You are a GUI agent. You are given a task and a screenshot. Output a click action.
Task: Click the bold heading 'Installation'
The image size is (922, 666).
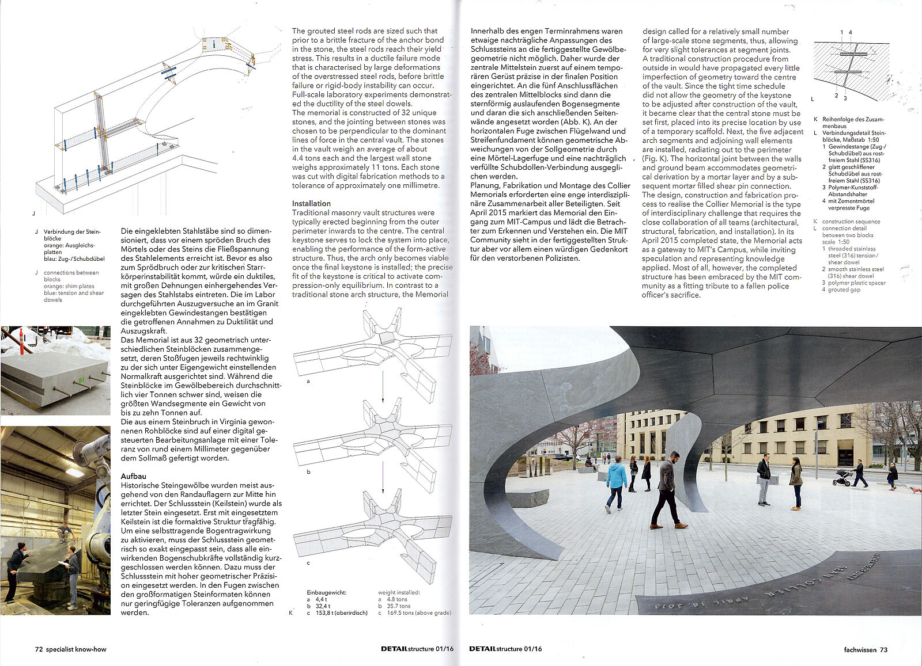pos(311,203)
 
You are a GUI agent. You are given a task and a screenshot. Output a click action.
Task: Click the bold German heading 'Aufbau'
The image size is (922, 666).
pos(133,476)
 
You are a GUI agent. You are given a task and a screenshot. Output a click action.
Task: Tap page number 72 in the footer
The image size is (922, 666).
pos(39,649)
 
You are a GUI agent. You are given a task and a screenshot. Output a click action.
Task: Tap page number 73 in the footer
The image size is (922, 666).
pos(883,649)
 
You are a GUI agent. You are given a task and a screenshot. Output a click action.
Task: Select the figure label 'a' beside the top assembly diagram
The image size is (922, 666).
pos(308,381)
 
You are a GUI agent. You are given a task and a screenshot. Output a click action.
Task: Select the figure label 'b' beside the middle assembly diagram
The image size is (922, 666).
pos(308,471)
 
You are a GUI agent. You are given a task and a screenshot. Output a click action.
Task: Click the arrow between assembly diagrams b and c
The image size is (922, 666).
pos(383,478)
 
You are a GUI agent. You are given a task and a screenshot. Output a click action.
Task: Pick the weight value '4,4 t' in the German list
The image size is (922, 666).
pos(321,599)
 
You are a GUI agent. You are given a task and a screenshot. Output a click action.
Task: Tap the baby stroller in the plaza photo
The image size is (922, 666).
pos(842,477)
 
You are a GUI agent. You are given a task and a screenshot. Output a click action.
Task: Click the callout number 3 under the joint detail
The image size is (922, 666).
pos(845,98)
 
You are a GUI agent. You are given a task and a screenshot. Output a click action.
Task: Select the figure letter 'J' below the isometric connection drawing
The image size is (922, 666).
pos(33,213)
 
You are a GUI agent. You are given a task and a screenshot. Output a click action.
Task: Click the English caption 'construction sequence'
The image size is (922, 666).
pos(851,222)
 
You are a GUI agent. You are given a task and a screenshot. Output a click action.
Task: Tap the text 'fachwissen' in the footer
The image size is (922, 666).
pos(855,649)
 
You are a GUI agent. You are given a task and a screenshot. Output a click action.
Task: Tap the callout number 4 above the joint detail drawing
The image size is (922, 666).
pos(851,32)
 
